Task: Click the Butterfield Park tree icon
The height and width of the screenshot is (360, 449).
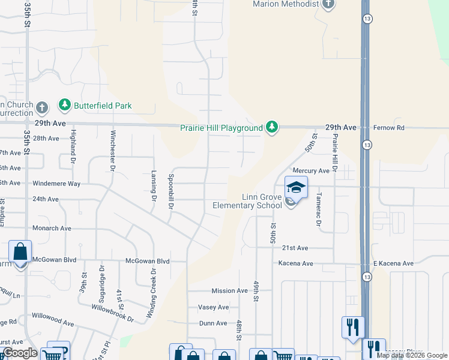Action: tap(64, 105)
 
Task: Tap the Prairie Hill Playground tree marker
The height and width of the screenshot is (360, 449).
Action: tap(273, 127)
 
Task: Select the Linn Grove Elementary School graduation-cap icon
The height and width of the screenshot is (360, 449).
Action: tap(296, 187)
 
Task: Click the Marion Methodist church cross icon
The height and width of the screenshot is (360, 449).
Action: tap(328, 5)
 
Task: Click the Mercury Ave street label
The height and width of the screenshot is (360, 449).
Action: tap(311, 171)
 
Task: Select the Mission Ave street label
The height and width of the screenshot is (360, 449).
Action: tap(229, 291)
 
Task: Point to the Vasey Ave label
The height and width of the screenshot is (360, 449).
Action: tap(214, 307)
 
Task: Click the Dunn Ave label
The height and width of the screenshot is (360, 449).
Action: tap(213, 323)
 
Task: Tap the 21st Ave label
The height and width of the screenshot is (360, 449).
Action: tap(295, 248)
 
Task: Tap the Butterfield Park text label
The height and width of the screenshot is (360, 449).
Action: tap(103, 106)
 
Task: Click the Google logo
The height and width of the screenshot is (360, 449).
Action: tap(20, 353)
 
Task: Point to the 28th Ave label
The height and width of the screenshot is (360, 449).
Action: tap(46, 138)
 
